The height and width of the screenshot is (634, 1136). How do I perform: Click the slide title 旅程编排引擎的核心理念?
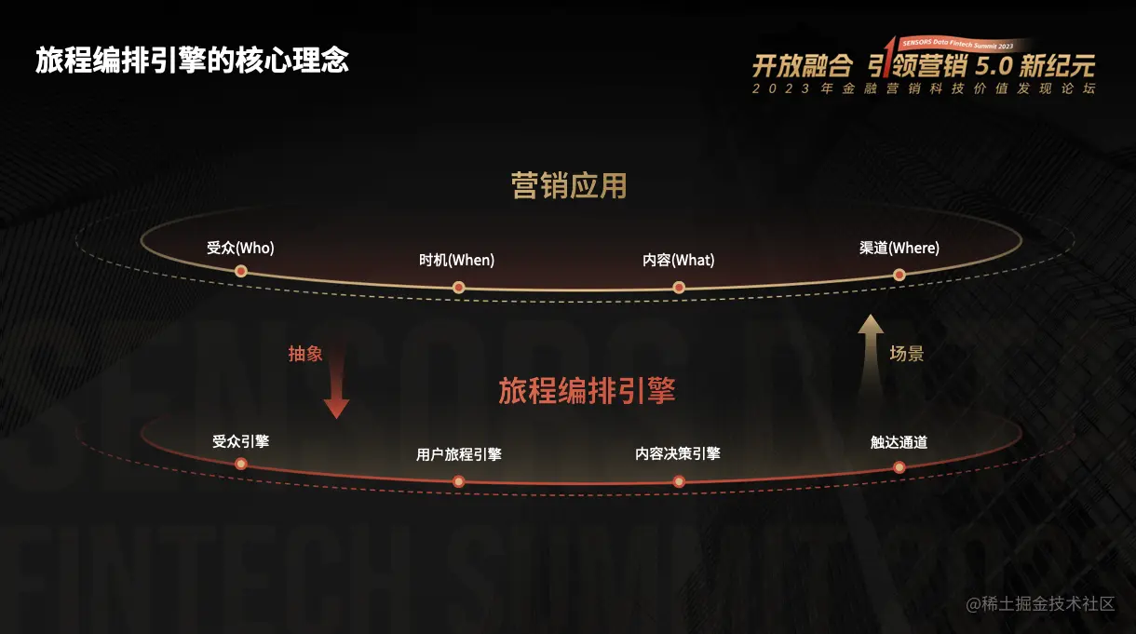click(x=193, y=60)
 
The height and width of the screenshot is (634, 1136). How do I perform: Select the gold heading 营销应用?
click(x=569, y=185)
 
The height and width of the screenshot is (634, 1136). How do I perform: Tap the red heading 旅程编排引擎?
click(x=587, y=390)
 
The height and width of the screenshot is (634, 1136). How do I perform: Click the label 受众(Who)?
click(x=240, y=249)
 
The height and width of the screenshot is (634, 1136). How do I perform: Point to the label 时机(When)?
click(x=456, y=260)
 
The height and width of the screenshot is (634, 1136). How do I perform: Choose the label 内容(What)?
click(x=678, y=260)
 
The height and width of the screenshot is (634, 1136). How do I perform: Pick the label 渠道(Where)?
click(x=899, y=249)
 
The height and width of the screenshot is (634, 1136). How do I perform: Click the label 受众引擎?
click(x=240, y=441)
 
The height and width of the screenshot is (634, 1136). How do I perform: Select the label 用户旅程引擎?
click(x=458, y=454)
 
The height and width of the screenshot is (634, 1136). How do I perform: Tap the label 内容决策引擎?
click(x=678, y=453)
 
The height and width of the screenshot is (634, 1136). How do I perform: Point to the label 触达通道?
click(x=899, y=442)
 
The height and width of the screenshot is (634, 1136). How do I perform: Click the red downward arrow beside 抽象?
click(x=336, y=392)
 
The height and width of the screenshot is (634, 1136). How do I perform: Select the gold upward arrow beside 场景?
click(x=871, y=349)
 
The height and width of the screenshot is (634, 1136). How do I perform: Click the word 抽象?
click(x=304, y=354)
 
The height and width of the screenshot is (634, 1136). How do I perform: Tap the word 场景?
click(x=906, y=354)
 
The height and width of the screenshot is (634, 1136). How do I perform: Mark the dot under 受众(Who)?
click(x=241, y=271)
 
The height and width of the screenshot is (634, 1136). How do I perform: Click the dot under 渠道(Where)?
click(x=899, y=275)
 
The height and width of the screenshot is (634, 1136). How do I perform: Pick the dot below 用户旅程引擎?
click(x=458, y=481)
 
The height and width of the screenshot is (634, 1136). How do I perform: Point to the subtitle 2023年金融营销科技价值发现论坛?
click(x=924, y=89)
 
